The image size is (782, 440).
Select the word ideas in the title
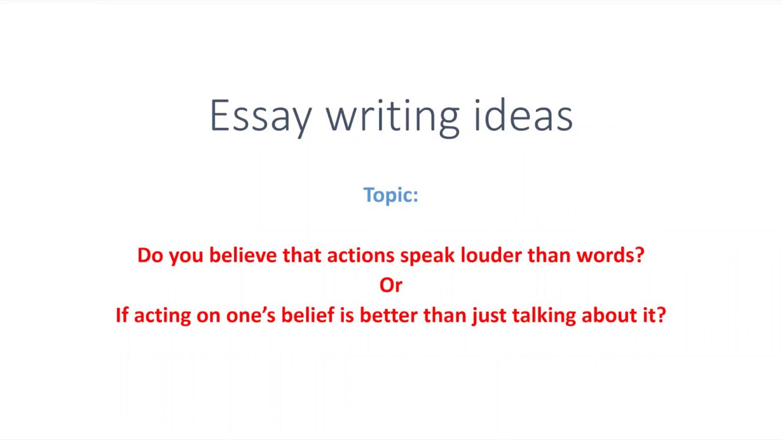coord(524,116)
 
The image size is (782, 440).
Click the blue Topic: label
coord(390,195)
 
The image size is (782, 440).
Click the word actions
coord(360,255)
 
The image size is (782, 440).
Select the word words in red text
coord(605,255)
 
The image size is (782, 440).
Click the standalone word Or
coord(391,285)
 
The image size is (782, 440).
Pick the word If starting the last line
coord(122,315)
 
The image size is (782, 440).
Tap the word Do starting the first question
coord(150,255)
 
